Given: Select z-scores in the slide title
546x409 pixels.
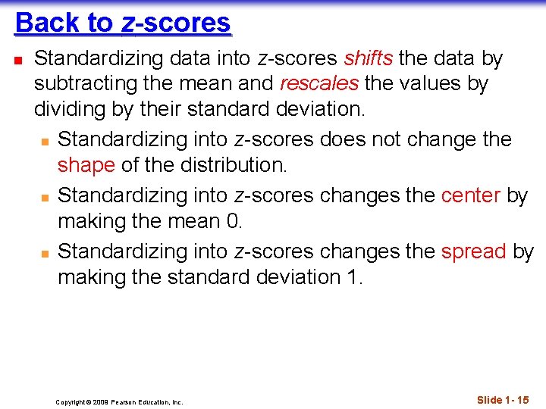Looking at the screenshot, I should click(176, 23).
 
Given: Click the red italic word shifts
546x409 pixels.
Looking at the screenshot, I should click(369, 58).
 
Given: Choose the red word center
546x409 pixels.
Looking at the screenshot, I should click(470, 195).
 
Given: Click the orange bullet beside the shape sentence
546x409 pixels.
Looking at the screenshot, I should click(45, 141).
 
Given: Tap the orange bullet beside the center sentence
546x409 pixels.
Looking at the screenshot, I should click(45, 196).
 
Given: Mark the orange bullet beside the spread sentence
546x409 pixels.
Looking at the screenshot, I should click(45, 252).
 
